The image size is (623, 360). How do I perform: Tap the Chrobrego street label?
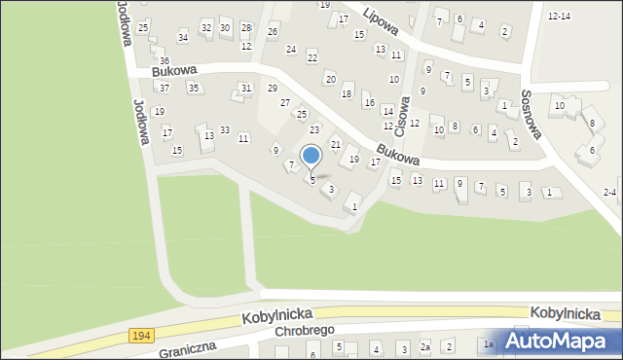[304, 332]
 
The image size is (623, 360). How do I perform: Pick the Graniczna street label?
[187, 348]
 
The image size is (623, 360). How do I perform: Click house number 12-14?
[559, 17]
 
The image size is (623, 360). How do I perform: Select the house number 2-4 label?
[609, 192]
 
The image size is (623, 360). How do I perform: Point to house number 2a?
[424, 347]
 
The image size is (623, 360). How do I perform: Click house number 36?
[164, 61]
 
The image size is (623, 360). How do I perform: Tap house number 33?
[224, 130]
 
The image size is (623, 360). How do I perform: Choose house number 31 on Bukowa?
[246, 89]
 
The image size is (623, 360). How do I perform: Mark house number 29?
[273, 89]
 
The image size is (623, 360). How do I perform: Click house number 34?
[183, 37]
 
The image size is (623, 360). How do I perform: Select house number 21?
[336, 144]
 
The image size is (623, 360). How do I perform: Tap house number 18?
[347, 93]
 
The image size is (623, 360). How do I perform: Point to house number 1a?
[489, 344]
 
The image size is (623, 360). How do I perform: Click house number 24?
[290, 49]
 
